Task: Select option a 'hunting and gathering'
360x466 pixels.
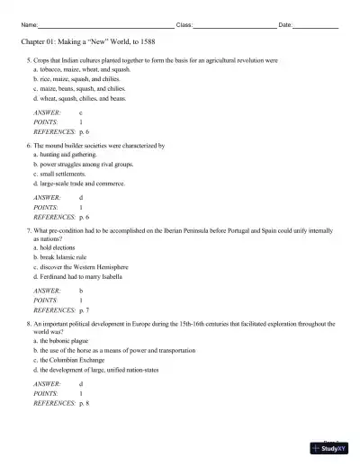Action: [65, 154]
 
